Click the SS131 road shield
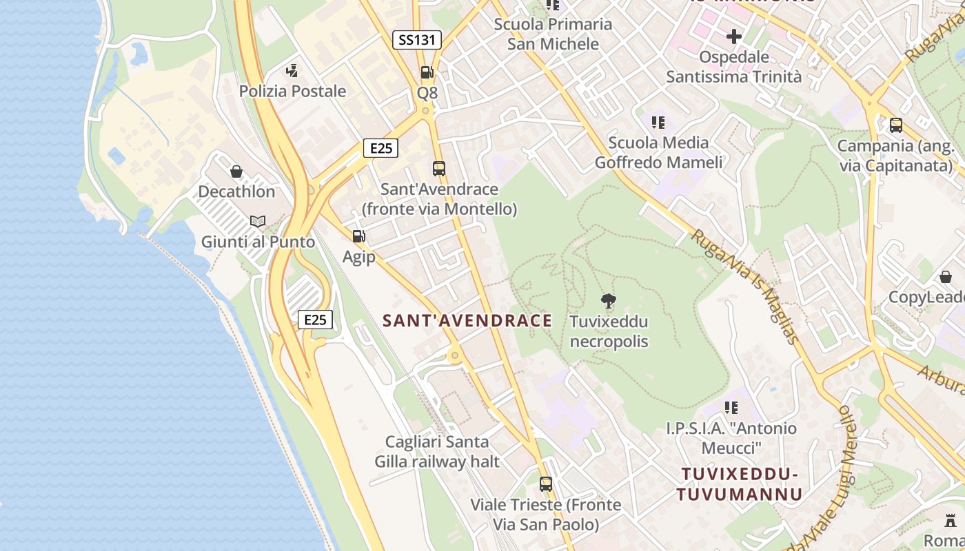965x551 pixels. point(416,40)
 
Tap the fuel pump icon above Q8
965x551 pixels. point(427,72)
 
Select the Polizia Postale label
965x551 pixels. point(292,91)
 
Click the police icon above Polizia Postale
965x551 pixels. point(292,70)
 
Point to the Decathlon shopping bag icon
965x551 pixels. point(236,171)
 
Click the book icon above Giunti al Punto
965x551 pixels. point(258,222)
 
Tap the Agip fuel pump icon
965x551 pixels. point(358,236)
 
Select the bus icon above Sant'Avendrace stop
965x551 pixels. point(438,168)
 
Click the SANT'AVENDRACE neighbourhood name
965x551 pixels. point(467,320)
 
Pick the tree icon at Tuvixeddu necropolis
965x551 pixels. point(608,300)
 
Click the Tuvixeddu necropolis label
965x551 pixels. point(609,331)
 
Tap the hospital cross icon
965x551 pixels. point(733,36)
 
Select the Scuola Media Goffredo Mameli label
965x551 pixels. point(658,152)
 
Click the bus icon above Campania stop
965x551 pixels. point(895,125)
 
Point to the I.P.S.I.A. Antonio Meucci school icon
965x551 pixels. point(731,408)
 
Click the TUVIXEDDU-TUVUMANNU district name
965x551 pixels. point(739,484)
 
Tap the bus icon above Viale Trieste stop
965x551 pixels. point(545,484)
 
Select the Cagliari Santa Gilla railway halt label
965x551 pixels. point(437,451)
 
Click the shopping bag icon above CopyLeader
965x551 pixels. point(945,277)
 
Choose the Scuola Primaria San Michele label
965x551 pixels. point(553,34)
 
